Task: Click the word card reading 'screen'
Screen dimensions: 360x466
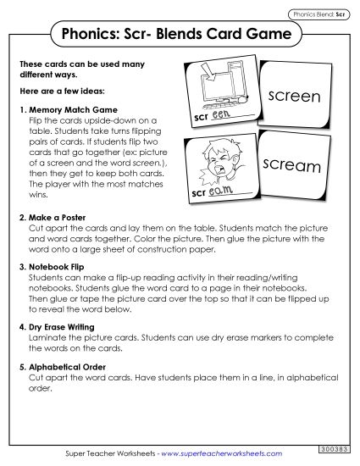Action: (293, 97)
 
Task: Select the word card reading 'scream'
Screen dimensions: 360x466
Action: (293, 165)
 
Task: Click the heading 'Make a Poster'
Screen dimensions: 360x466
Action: (59, 218)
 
